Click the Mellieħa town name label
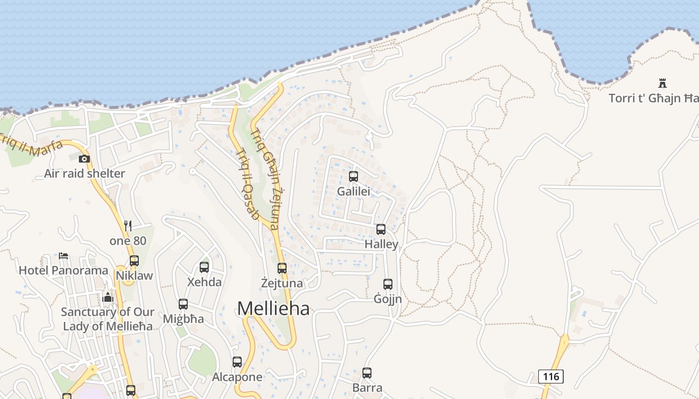273,308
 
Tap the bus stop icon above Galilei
353,176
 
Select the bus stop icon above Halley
381,229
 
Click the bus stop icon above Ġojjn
388,284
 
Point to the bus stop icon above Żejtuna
282,268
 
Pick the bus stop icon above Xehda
204,267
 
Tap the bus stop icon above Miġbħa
183,304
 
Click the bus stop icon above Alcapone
237,362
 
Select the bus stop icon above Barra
367,373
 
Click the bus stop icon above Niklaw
134,260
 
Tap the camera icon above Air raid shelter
84,159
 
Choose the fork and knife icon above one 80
128,226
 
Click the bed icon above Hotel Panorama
63,256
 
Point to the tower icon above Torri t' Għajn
663,83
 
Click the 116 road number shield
551,376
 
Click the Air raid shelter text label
84,174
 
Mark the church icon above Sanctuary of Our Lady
108,298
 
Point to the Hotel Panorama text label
63,270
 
